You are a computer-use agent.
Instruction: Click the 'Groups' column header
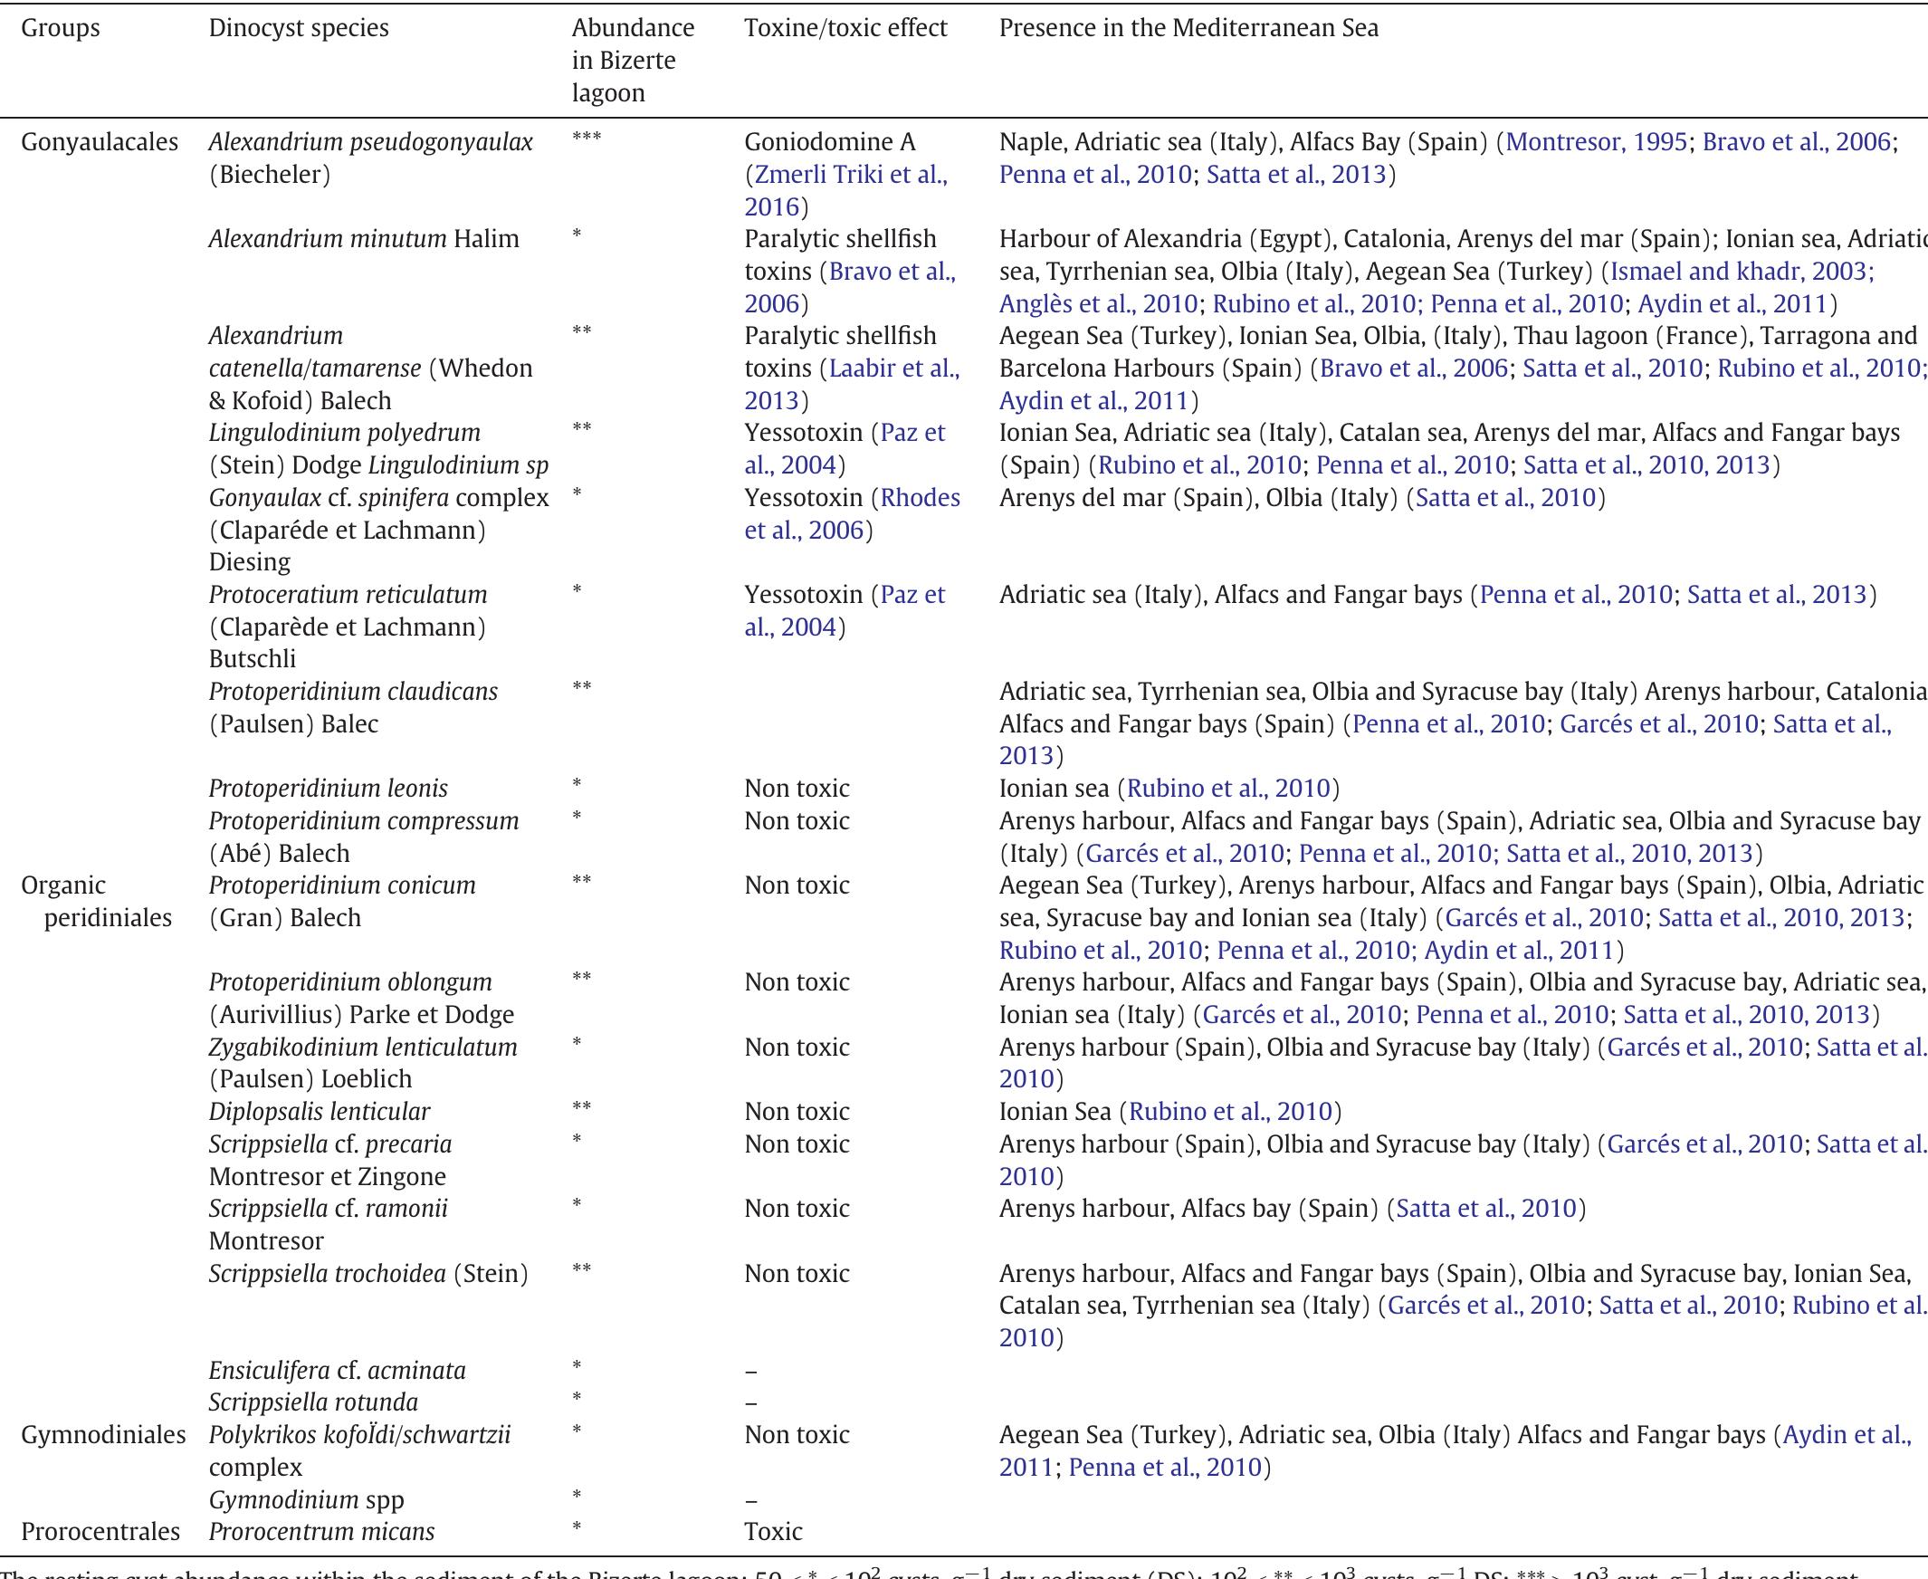coord(60,28)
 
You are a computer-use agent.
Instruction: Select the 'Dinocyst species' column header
coord(299,28)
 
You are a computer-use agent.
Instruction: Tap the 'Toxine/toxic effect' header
coord(845,28)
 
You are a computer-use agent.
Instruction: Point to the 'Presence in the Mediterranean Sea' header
coord(1188,28)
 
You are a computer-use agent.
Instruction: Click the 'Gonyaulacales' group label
coord(100,142)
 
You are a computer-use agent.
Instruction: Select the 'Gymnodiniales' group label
coord(103,1434)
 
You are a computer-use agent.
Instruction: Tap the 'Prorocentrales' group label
coord(100,1531)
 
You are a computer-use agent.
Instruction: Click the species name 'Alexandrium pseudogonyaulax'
coord(370,142)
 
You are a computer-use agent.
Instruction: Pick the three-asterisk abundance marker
coord(587,139)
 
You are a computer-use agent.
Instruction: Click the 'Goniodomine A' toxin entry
coord(829,142)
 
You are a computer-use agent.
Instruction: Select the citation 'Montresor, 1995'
coord(1596,142)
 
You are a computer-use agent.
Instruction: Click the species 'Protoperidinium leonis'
coord(328,788)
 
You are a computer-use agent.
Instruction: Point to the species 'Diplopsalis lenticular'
coord(320,1111)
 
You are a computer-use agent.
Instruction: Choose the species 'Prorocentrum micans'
coord(321,1531)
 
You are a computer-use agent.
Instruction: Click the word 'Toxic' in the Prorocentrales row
coord(773,1531)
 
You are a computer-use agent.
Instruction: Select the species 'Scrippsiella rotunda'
coord(313,1402)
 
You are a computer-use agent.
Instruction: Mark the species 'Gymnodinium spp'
coord(307,1499)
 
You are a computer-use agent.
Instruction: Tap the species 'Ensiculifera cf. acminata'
coord(337,1370)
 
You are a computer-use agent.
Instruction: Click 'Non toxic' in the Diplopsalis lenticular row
coord(797,1111)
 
